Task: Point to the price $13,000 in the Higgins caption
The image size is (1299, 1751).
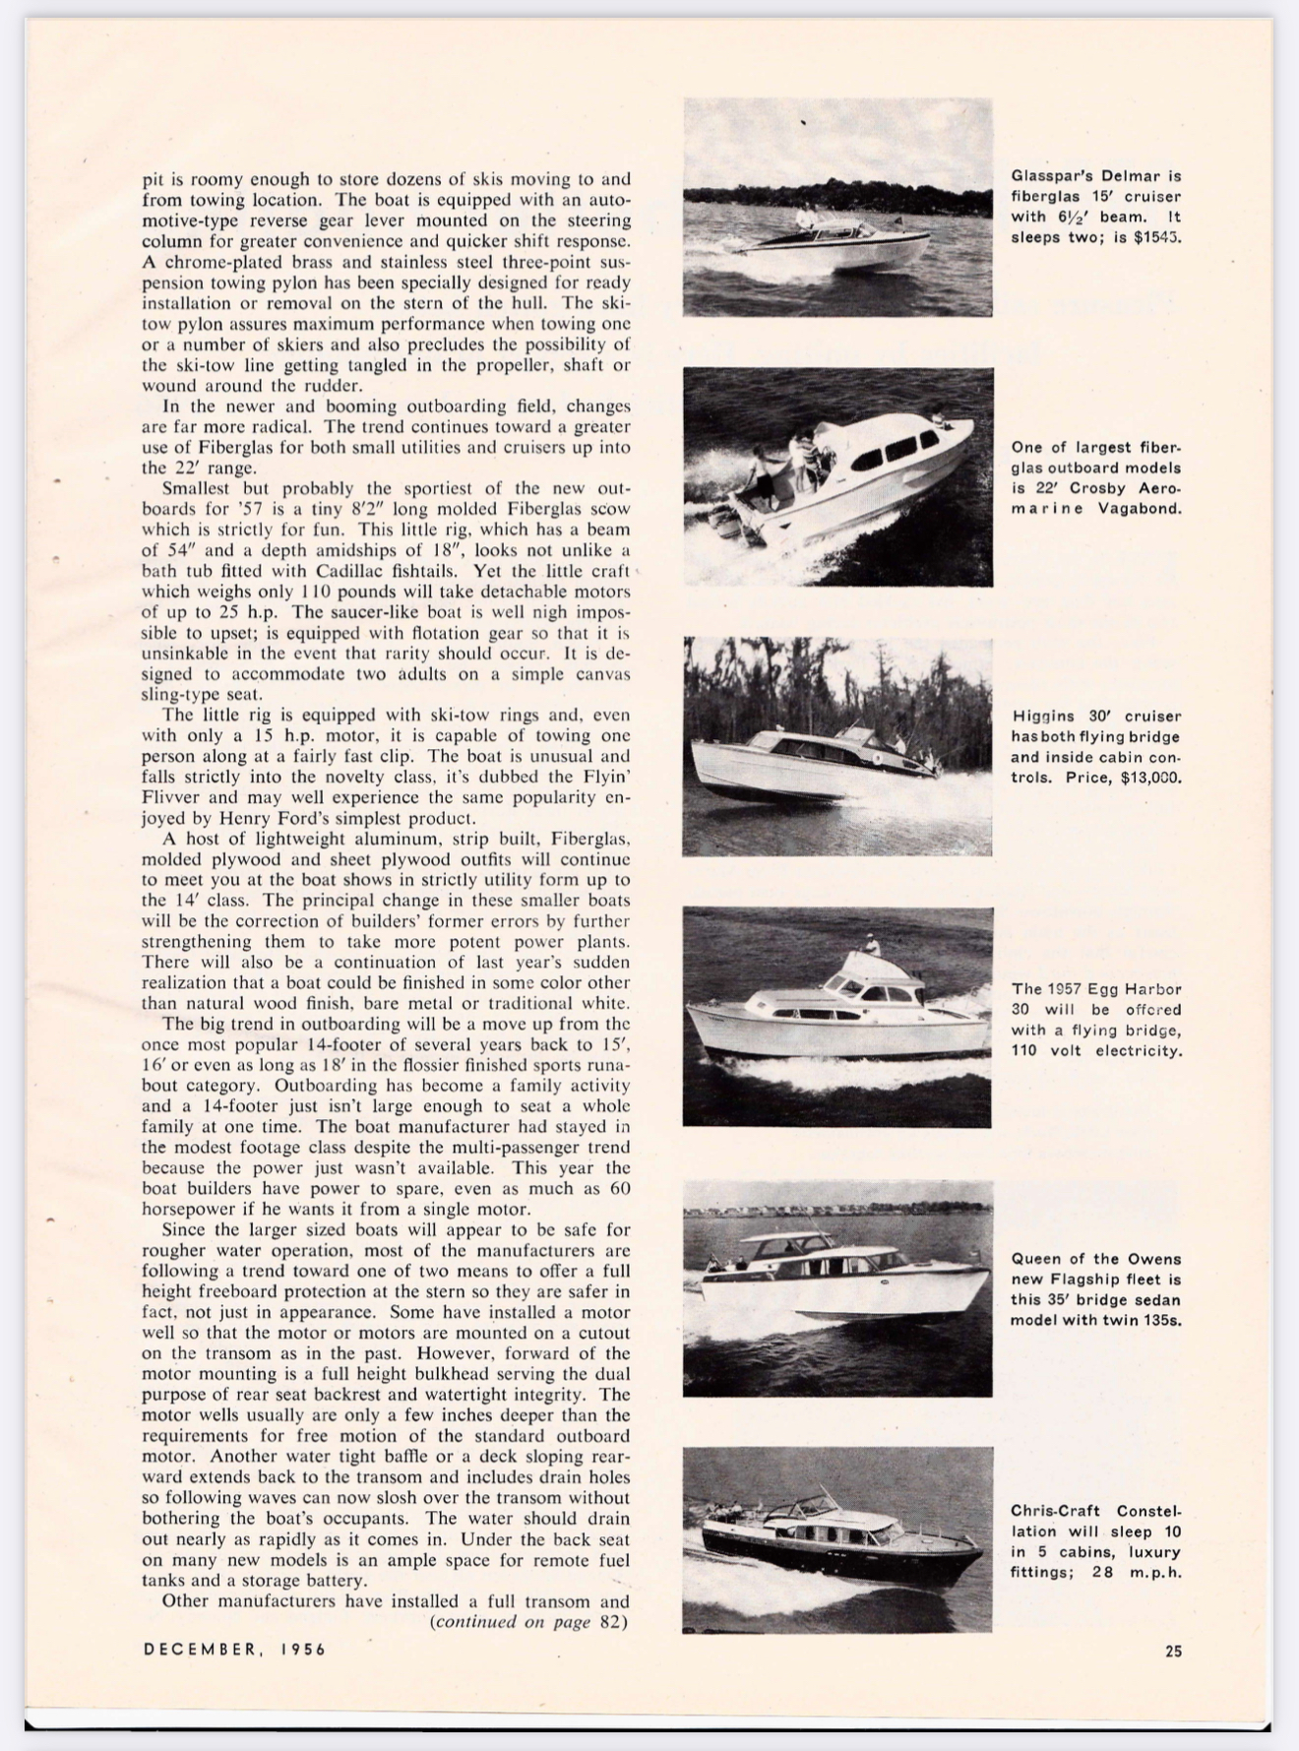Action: coord(1150,778)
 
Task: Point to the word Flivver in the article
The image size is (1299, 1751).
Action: coord(174,797)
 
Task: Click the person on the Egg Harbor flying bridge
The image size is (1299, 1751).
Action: coord(871,945)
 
